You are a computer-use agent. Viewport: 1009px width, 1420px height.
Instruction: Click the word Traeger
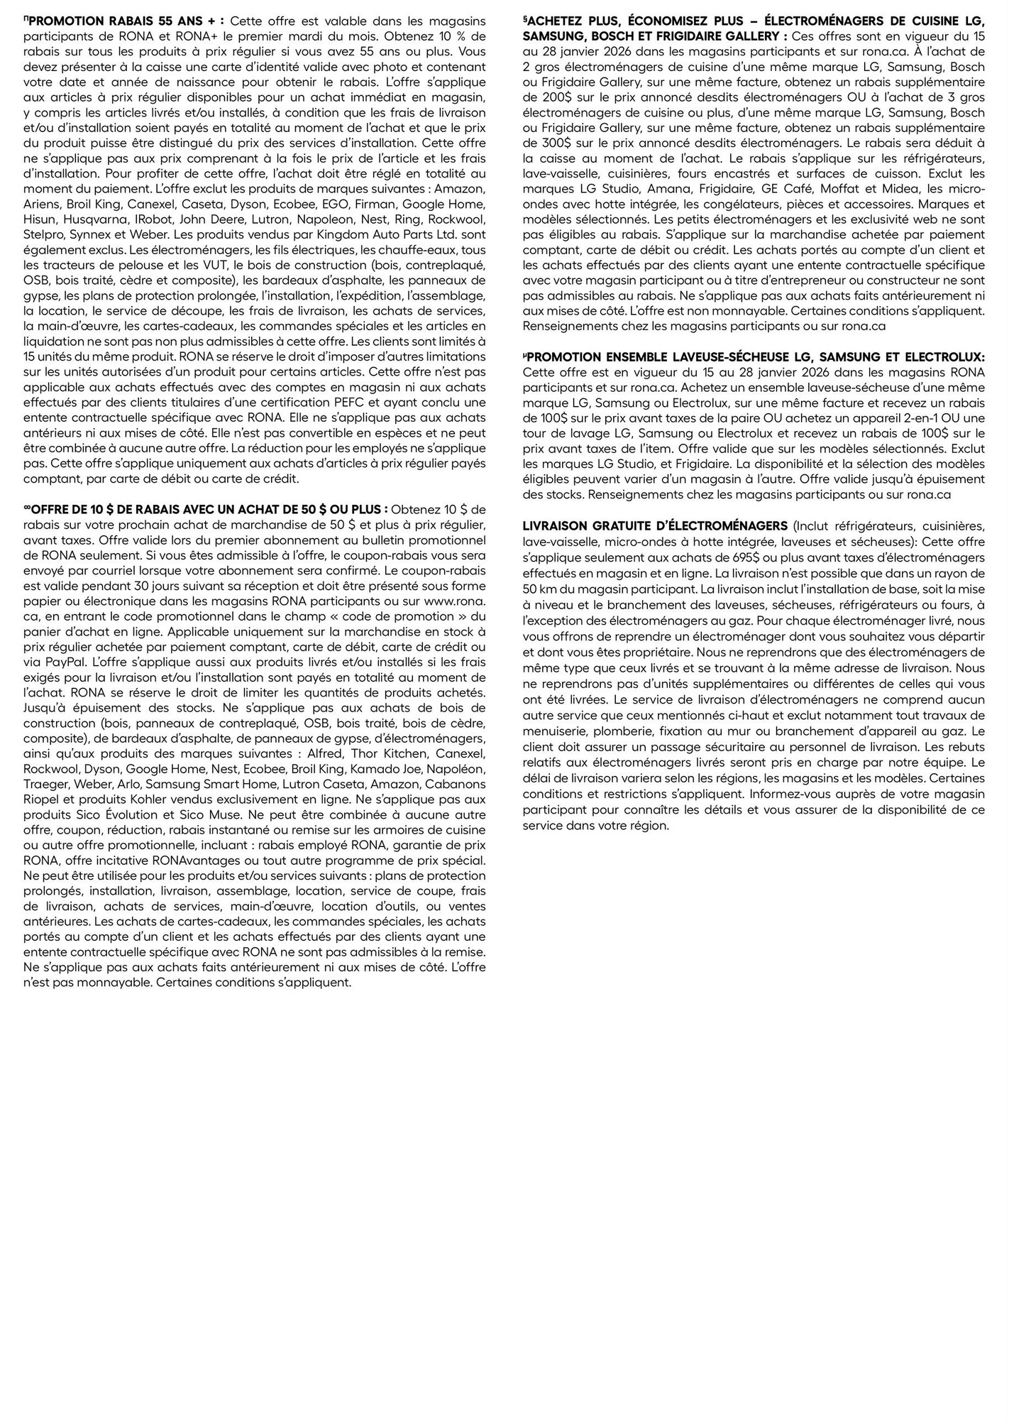pos(45,784)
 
